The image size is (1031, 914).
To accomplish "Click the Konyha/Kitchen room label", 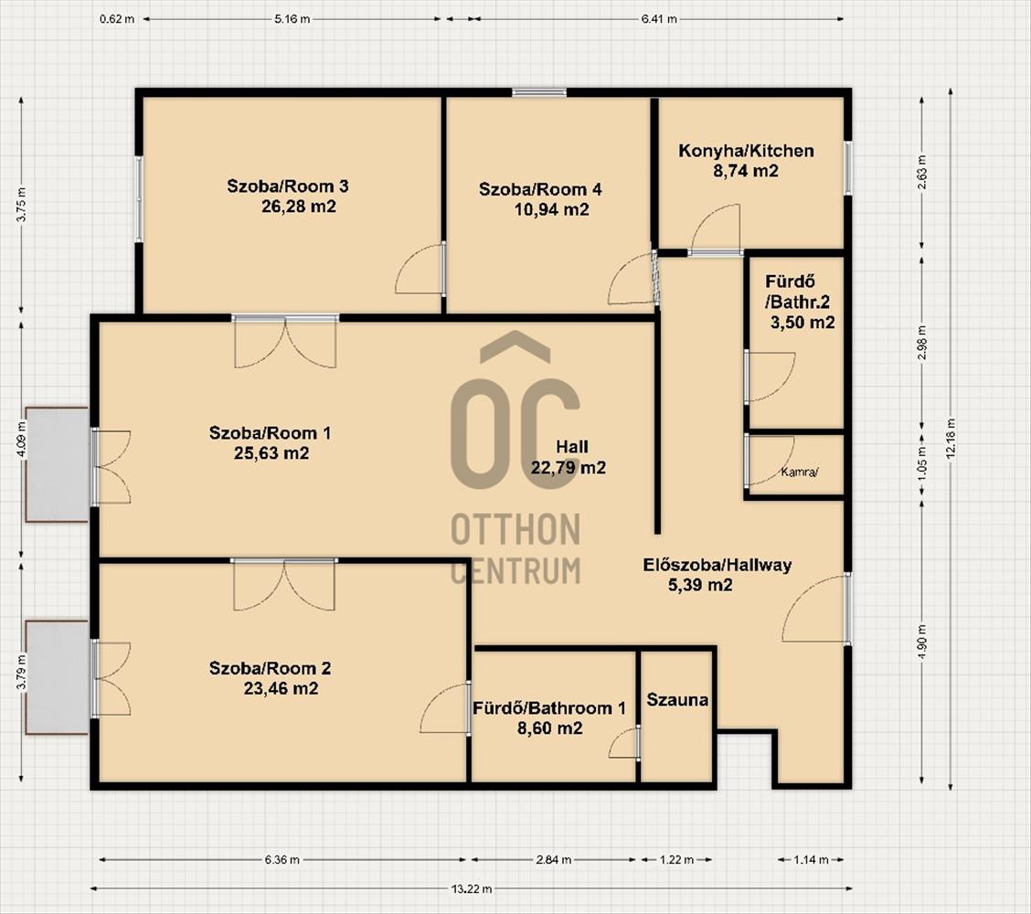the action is [x=746, y=151].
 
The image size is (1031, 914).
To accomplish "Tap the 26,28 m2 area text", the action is [x=299, y=207].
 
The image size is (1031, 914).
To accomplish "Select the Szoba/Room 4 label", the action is [x=540, y=189].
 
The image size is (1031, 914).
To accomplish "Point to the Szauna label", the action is [x=677, y=699].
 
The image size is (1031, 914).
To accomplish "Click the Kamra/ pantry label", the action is [x=800, y=472].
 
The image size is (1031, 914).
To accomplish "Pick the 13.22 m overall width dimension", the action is [x=472, y=889].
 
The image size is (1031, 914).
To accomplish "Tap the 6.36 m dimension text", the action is [x=282, y=859].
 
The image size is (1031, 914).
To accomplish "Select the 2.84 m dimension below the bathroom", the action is [x=554, y=859].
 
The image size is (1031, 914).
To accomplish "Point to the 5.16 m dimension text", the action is [x=292, y=19].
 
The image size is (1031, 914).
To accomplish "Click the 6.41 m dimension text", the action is [x=659, y=19].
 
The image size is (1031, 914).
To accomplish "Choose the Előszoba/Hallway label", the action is [x=717, y=565].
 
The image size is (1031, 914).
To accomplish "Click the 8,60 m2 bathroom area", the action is [x=549, y=728].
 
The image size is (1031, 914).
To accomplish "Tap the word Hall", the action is [x=572, y=447].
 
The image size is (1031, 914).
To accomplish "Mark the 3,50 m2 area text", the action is [x=802, y=323].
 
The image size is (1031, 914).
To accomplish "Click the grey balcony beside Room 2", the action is [x=58, y=677].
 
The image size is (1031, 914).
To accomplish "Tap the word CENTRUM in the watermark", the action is [x=515, y=570].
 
